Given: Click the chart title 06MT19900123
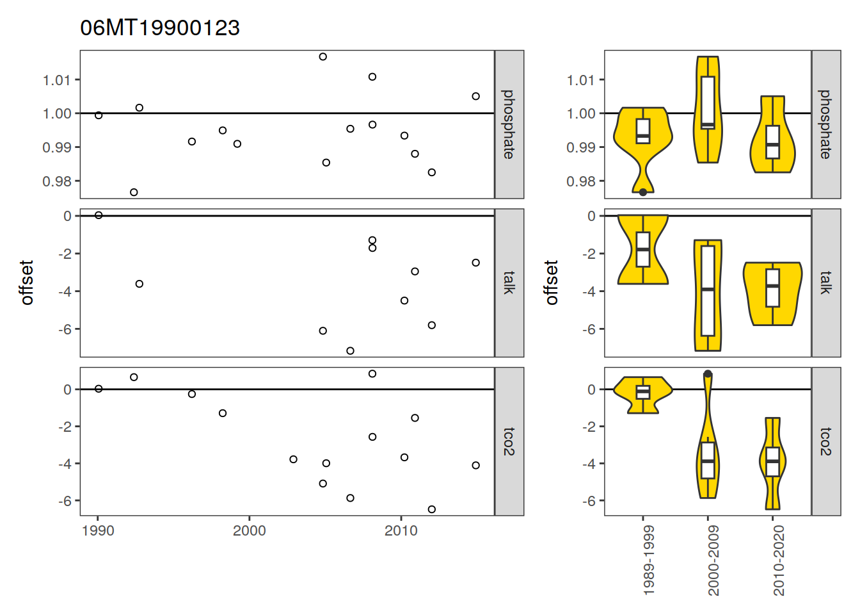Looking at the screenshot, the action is pyautogui.click(x=160, y=28).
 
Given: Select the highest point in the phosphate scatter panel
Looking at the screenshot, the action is pyautogui.click(x=323, y=57).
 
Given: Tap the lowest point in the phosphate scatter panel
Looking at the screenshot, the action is pyautogui.click(x=134, y=192).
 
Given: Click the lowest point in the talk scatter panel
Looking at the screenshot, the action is pyautogui.click(x=350, y=351).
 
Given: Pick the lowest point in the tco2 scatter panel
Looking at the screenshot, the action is pyautogui.click(x=431, y=509).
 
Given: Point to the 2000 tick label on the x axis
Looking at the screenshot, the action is pyautogui.click(x=249, y=531).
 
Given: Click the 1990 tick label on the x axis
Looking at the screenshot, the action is pyautogui.click(x=98, y=531).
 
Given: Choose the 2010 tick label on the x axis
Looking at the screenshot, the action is pyautogui.click(x=401, y=531).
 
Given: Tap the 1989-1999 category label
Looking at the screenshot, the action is pyautogui.click(x=649, y=561).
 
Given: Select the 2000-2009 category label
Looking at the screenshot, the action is pyautogui.click(x=713, y=561).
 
